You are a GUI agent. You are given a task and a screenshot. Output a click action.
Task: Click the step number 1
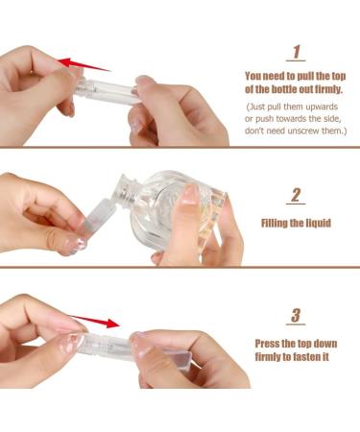[297, 52]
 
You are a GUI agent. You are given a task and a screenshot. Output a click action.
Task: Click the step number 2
[297, 195]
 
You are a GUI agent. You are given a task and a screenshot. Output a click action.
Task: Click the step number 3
[297, 315]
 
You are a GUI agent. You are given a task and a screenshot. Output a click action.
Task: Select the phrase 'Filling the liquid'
[296, 223]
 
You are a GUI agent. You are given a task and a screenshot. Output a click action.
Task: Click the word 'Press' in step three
[271, 343]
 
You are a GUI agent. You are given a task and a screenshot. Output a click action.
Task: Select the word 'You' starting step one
[254, 74]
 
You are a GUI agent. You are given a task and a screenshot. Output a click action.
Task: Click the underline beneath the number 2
[297, 205]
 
